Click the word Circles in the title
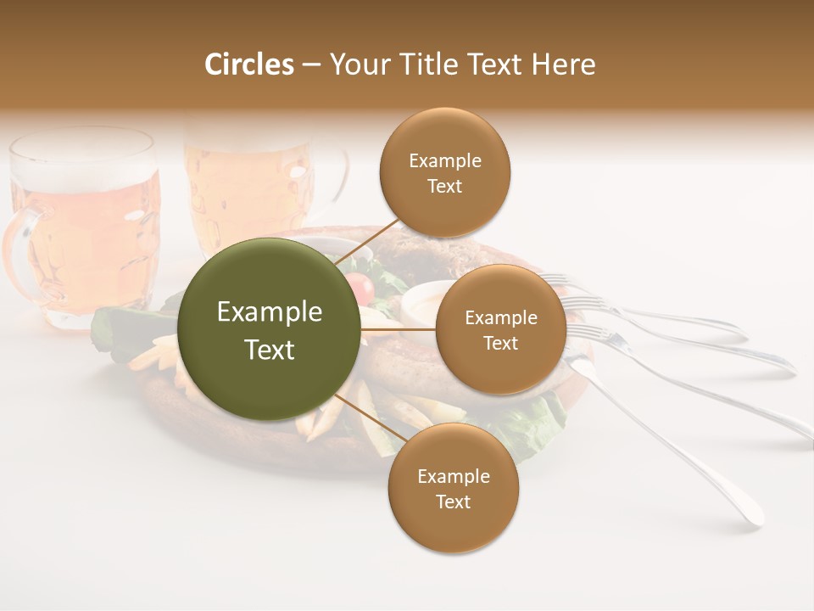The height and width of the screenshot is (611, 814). click(249, 64)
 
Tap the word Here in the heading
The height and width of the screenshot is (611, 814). click(563, 64)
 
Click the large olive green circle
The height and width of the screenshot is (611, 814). click(270, 329)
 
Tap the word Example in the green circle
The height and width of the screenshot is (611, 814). click(270, 312)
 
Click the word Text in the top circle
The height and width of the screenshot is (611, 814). click(444, 187)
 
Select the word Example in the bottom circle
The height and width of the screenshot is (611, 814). click(453, 476)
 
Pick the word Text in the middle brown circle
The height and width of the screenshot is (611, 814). click(500, 344)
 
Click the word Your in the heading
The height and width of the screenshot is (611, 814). click(356, 64)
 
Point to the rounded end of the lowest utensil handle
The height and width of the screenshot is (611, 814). click(751, 516)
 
